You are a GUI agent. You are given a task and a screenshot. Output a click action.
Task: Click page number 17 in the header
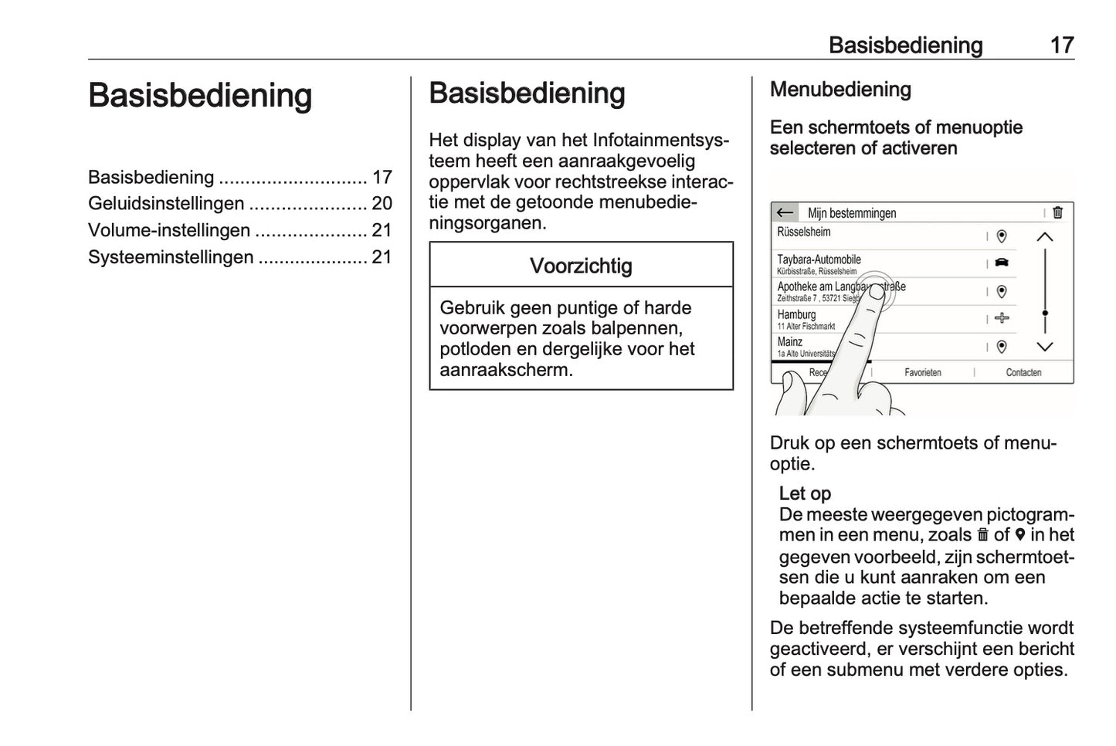1061,45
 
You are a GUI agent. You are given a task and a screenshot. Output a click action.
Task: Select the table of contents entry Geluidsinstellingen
165,204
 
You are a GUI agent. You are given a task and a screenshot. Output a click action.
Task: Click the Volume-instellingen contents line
168,230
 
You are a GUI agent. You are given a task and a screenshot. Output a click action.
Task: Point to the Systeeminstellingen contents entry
170,257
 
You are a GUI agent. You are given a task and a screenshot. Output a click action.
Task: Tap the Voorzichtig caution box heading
581,266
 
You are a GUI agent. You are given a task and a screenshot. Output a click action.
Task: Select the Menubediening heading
840,90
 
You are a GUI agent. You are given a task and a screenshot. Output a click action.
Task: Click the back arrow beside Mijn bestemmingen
785,212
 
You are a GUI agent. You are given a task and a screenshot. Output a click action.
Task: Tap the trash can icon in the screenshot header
1057,212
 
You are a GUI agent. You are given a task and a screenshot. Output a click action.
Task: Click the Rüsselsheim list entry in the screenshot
804,232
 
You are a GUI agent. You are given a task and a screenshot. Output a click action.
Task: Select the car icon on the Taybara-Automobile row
1002,263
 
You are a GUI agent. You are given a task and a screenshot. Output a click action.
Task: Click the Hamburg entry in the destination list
796,315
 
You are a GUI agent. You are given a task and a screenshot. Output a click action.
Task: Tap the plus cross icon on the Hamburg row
1002,318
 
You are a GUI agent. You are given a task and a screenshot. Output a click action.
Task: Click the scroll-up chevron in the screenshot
1044,237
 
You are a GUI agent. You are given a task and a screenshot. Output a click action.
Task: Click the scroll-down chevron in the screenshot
1044,348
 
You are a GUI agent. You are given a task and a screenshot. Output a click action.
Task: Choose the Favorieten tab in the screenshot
922,372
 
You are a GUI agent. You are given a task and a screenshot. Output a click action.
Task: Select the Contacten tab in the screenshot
1023,372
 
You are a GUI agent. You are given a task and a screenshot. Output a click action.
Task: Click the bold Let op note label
805,493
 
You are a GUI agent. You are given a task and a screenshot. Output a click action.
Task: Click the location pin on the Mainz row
1002,347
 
